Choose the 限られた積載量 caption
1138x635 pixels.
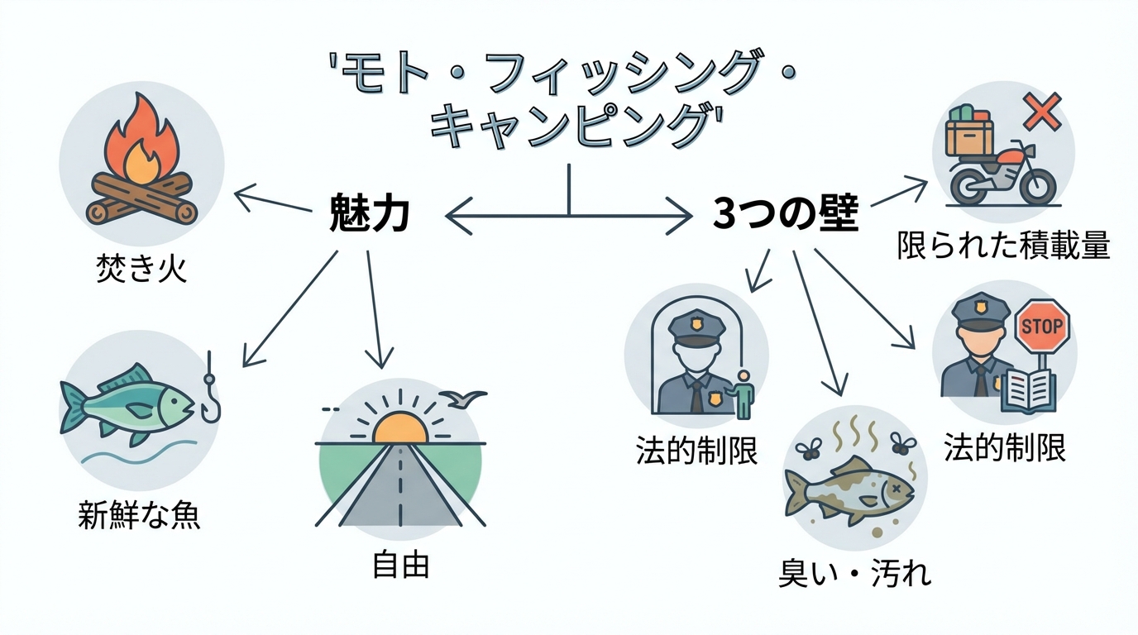1003,246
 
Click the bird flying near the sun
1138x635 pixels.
464,399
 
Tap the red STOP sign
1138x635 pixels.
1041,326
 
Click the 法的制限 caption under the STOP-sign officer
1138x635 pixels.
1004,447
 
